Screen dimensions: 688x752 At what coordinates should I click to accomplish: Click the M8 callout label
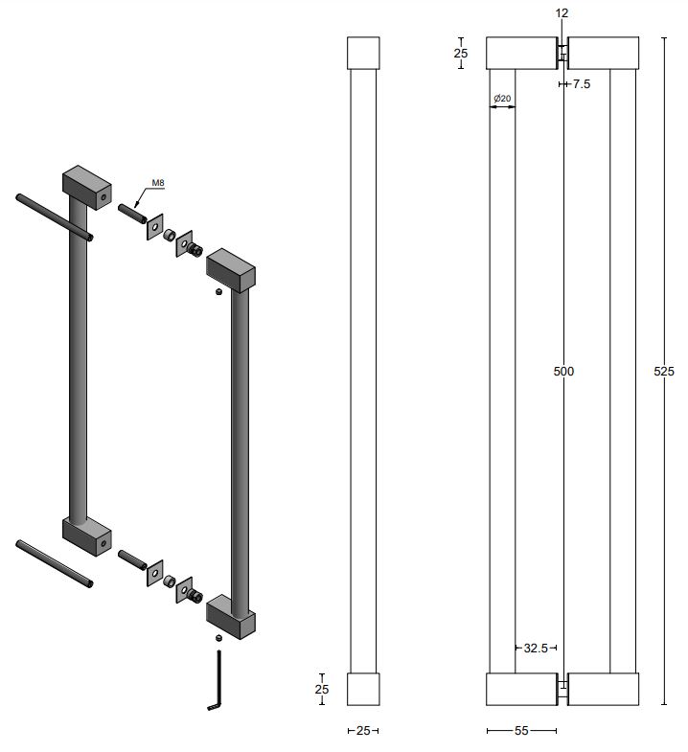(158, 183)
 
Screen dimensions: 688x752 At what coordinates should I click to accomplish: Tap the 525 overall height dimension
(663, 371)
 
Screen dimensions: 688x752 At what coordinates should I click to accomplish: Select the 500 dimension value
(563, 371)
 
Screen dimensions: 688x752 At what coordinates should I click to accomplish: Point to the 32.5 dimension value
(536, 649)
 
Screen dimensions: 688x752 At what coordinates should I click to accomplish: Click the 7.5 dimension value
(581, 84)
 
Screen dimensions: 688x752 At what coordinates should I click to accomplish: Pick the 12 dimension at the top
(562, 13)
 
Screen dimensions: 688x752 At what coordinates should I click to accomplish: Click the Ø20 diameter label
(502, 99)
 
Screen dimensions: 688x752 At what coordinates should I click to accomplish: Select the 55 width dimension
(521, 731)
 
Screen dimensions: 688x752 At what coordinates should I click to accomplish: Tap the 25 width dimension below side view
(363, 731)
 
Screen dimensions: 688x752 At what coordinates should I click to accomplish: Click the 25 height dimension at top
(461, 54)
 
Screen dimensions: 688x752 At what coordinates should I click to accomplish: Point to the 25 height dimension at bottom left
(321, 689)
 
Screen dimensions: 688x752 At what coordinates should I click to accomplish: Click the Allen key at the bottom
(217, 680)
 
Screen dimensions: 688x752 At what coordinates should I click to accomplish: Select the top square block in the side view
(363, 53)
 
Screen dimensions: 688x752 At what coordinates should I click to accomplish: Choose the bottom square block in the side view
(363, 689)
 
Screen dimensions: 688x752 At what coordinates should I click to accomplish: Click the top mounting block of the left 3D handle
(87, 188)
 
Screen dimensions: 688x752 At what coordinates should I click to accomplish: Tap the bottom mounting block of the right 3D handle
(231, 616)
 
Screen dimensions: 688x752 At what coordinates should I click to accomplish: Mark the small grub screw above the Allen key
(219, 638)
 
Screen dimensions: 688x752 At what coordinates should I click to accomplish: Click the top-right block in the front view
(603, 53)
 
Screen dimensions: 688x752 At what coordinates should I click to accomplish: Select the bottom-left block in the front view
(522, 689)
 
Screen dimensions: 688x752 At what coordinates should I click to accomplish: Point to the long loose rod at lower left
(55, 564)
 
